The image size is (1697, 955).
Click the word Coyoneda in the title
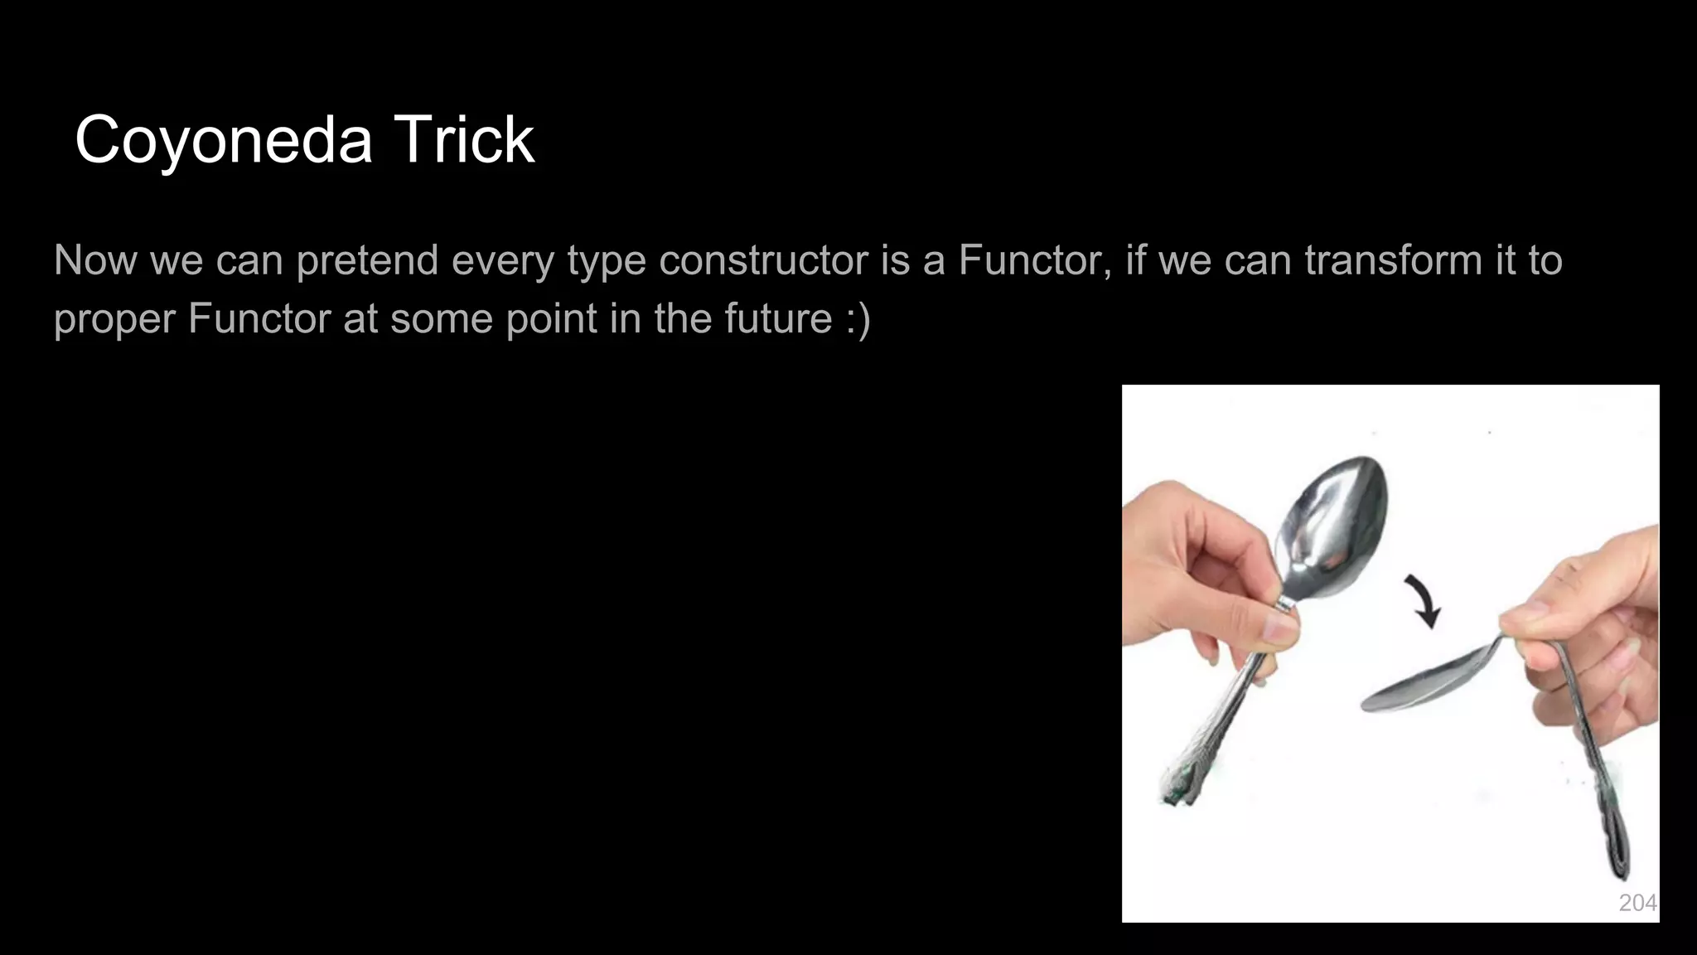[x=224, y=140]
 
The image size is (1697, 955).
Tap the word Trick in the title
[x=464, y=140]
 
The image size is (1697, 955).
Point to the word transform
[x=1393, y=260]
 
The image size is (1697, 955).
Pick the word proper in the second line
[x=114, y=319]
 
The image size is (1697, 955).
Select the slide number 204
[x=1637, y=903]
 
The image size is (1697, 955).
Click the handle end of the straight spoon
[x=1181, y=783]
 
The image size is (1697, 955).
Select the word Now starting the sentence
[x=95, y=260]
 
